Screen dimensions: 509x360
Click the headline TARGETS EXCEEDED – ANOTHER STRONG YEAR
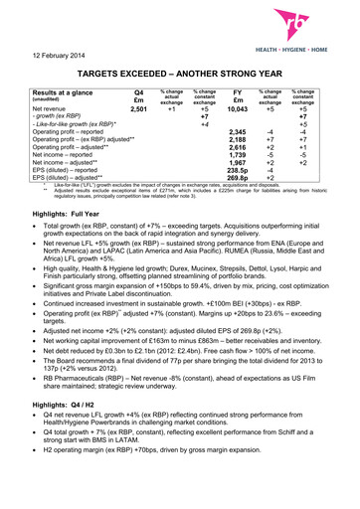coord(180,74)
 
